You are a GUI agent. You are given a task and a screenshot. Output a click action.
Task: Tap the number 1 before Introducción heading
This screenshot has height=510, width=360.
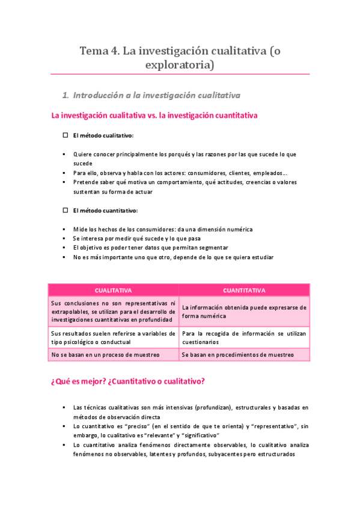(x=65, y=95)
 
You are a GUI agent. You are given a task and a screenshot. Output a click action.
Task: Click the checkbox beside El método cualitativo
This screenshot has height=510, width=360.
(x=66, y=136)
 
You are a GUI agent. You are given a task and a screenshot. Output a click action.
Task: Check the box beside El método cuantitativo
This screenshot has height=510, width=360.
(x=66, y=210)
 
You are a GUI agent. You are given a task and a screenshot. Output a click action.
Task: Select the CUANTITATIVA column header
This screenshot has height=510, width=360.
(x=244, y=290)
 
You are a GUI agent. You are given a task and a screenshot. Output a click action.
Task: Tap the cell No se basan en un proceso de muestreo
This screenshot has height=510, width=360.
(x=106, y=355)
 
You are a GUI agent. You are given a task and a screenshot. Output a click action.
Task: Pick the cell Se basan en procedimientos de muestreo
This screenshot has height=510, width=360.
(x=238, y=355)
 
